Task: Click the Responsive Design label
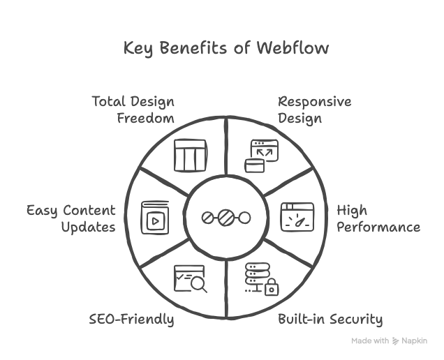coord(314,110)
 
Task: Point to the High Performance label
coord(377,219)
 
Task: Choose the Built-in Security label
coord(330,320)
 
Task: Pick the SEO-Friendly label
coord(131,320)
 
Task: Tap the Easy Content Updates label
coord(71,219)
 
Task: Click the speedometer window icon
coord(294,217)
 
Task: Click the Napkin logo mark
coord(396,341)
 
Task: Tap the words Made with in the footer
coord(370,341)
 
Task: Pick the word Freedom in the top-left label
coord(145,118)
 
